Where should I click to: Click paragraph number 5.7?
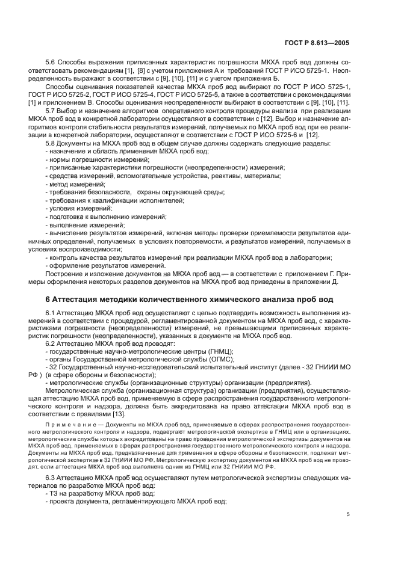point(52,111)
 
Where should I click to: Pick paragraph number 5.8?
point(52,144)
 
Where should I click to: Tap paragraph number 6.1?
point(52,313)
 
